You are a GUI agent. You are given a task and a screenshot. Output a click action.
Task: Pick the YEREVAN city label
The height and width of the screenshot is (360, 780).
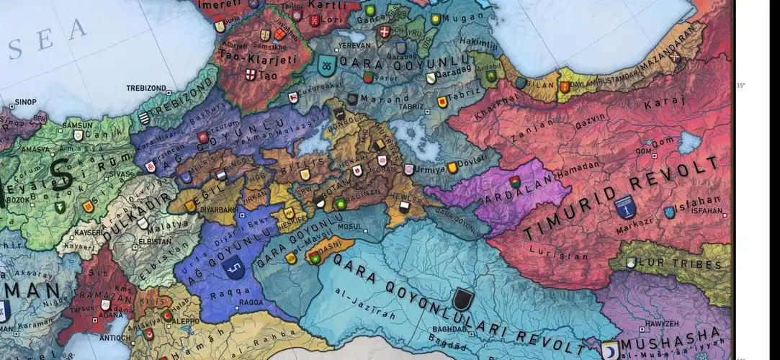354,45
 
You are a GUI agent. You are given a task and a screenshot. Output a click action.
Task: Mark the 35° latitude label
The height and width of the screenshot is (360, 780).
741,85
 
